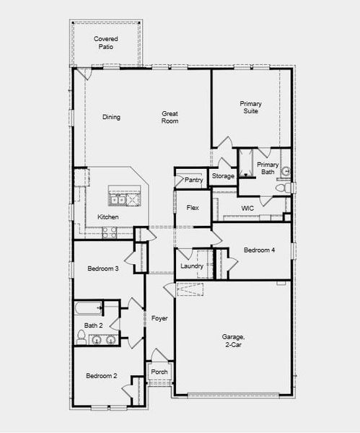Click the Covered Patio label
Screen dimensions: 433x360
coord(106,43)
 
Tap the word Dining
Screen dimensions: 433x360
coord(111,118)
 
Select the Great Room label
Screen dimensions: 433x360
coord(170,117)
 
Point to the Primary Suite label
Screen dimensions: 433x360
coord(250,108)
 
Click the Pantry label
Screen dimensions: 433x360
coord(193,180)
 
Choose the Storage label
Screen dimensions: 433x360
coord(223,176)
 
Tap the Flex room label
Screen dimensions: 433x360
coord(193,208)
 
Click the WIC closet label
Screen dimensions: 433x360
coord(247,209)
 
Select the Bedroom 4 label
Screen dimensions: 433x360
coord(259,250)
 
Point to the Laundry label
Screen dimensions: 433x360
coord(192,266)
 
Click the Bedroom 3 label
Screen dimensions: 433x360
coord(103,268)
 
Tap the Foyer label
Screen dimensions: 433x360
coord(159,318)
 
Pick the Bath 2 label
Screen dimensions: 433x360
coord(95,325)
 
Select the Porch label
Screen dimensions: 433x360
coord(159,372)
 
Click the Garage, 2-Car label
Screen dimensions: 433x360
coord(233,341)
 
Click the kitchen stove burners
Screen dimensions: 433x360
coord(110,232)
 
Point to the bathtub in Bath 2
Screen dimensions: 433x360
coord(88,309)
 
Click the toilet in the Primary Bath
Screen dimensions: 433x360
coord(289,188)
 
